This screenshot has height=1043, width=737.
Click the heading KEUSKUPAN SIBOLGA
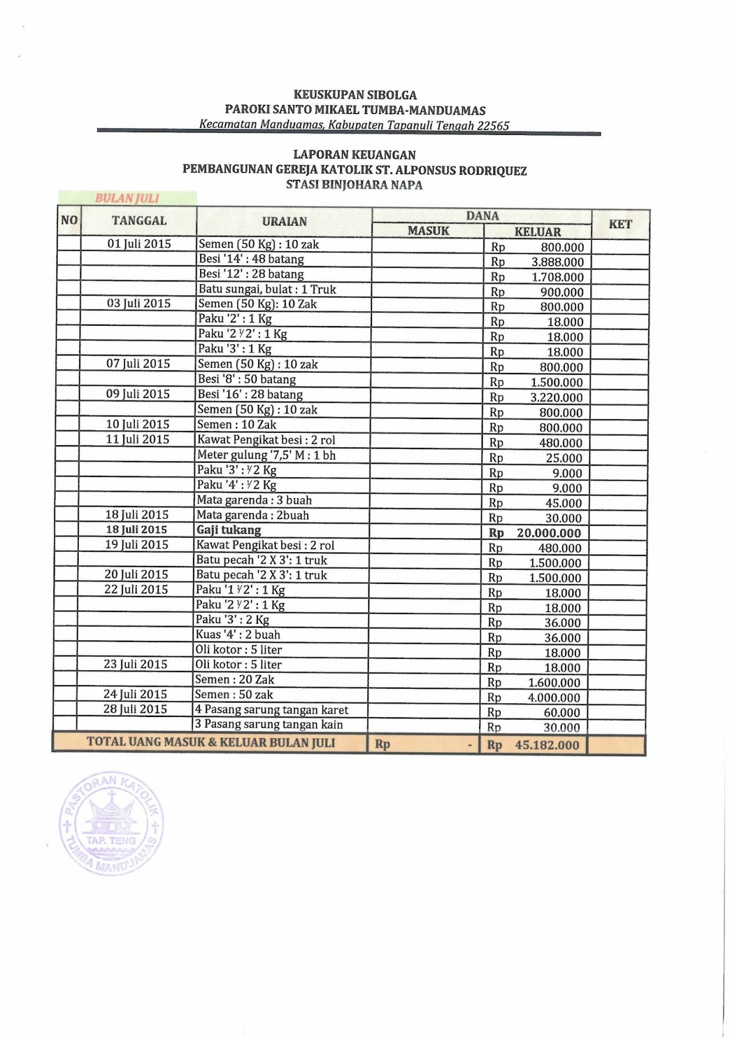[x=355, y=95]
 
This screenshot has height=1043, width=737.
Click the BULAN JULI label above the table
[x=127, y=198]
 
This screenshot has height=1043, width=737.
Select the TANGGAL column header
[x=139, y=221]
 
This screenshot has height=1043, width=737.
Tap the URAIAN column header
[x=284, y=222]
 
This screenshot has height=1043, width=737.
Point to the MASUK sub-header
[x=428, y=231]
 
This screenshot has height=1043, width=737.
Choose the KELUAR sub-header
[x=538, y=231]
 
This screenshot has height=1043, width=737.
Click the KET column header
[x=620, y=224]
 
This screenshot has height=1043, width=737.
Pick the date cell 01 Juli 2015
[x=139, y=244]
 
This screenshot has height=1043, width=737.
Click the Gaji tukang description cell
[x=229, y=530]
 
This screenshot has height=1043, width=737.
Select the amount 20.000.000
[x=549, y=533]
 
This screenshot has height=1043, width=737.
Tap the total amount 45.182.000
[x=547, y=745]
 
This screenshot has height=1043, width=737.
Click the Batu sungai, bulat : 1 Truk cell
[x=267, y=289]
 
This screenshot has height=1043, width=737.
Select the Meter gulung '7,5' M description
[x=267, y=455]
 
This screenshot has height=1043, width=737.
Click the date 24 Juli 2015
[x=135, y=694]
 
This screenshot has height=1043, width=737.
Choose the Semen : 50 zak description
[x=234, y=695]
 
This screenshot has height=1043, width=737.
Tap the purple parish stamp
[x=111, y=825]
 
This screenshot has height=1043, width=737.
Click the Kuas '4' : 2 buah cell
[x=238, y=635]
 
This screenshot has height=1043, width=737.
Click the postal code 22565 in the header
[x=493, y=126]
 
